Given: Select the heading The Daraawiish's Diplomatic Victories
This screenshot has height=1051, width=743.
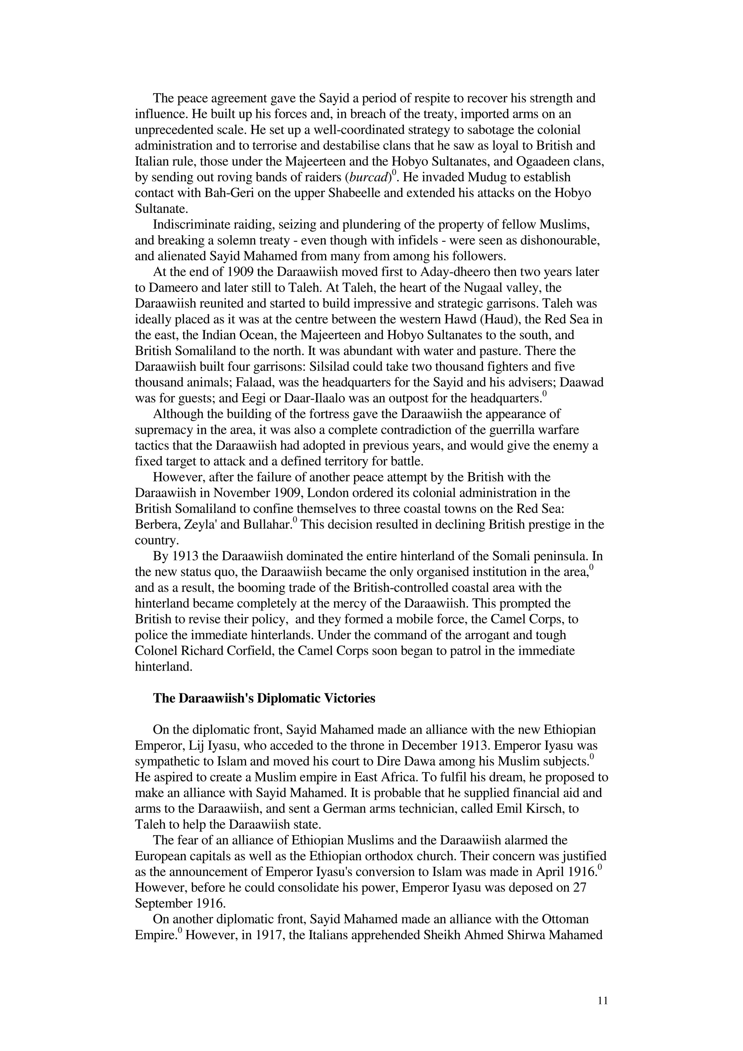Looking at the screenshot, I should pos(264,698).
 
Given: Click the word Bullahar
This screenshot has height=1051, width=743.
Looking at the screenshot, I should pos(270,524).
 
